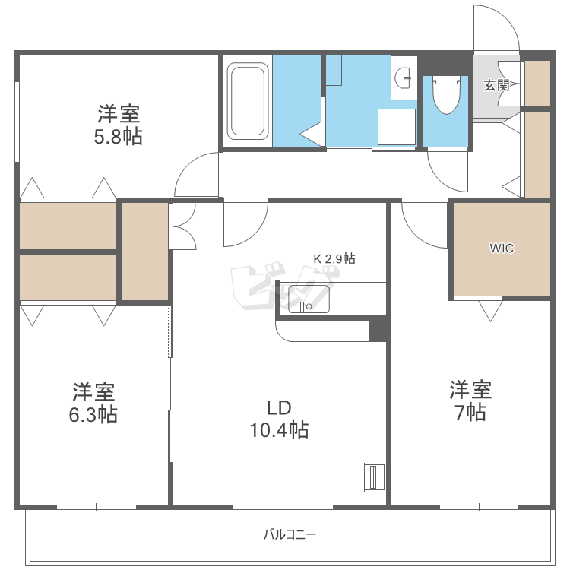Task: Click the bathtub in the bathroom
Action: click(x=248, y=101)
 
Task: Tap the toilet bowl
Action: click(x=446, y=95)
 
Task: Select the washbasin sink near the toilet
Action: click(x=404, y=78)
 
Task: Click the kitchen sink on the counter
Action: click(x=309, y=299)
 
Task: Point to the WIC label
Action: click(x=502, y=249)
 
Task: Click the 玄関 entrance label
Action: click(x=496, y=85)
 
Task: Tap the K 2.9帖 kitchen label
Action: click(x=334, y=259)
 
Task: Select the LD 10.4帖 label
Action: click(x=279, y=419)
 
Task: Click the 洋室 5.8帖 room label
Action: click(x=119, y=125)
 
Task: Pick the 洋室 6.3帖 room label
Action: click(x=93, y=403)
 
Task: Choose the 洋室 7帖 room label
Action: click(x=470, y=401)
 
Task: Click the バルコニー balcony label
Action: click(x=290, y=534)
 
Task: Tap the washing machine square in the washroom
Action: click(x=397, y=127)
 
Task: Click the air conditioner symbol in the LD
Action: click(x=374, y=477)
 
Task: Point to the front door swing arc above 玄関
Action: click(x=508, y=18)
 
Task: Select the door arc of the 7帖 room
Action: click(x=415, y=235)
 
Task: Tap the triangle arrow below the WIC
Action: click(x=490, y=311)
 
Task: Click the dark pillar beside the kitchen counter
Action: click(x=378, y=329)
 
